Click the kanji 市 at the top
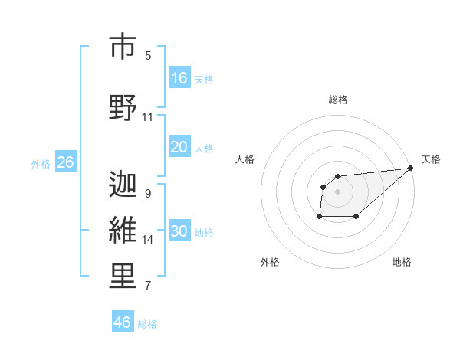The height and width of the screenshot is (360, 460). pyautogui.click(x=123, y=47)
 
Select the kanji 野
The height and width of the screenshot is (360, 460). pyautogui.click(x=123, y=108)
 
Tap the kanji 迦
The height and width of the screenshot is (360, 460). pyautogui.click(x=123, y=185)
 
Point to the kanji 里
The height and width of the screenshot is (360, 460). pyautogui.click(x=123, y=277)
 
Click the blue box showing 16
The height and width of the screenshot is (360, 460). pyautogui.click(x=179, y=78)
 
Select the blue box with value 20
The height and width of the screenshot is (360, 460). pyautogui.click(x=179, y=147)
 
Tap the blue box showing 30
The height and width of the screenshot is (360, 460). pyautogui.click(x=179, y=231)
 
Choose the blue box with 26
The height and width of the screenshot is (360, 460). pyautogui.click(x=65, y=162)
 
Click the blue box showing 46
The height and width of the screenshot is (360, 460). pyautogui.click(x=123, y=322)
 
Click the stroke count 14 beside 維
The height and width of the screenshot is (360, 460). pyautogui.click(x=148, y=240)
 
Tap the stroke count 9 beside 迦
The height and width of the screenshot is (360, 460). pyautogui.click(x=148, y=194)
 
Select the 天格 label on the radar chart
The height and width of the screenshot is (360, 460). pyautogui.click(x=431, y=159)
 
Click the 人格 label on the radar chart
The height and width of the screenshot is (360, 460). pyautogui.click(x=245, y=159)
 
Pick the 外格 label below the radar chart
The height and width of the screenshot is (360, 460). pyautogui.click(x=270, y=262)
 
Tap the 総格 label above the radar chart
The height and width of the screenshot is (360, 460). pyautogui.click(x=338, y=100)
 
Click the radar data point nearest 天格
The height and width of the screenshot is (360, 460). pyautogui.click(x=411, y=169)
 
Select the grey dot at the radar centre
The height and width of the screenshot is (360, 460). pyautogui.click(x=337, y=191)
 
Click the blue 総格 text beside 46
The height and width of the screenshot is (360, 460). pyautogui.click(x=147, y=324)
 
